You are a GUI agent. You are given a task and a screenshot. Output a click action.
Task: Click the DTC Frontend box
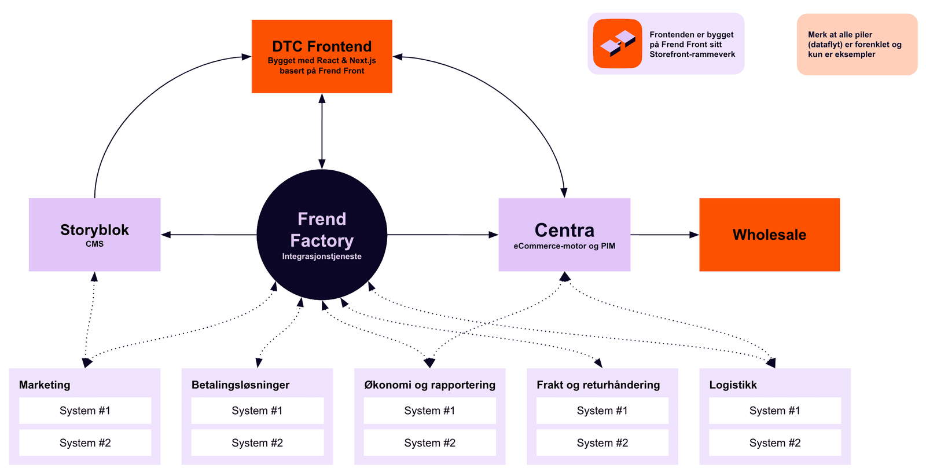pyautogui.click(x=322, y=56)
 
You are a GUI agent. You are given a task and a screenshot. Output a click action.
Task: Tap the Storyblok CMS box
pyautogui.click(x=94, y=235)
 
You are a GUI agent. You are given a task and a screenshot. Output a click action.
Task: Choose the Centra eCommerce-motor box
pyautogui.click(x=564, y=235)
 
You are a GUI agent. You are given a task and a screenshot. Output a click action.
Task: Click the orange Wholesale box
pyautogui.click(x=769, y=235)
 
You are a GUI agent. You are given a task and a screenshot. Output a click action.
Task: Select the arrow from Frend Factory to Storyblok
pyautogui.click(x=208, y=235)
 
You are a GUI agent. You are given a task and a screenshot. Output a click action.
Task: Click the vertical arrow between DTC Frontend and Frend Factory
pyautogui.click(x=322, y=131)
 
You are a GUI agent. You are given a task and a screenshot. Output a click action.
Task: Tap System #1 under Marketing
pyautogui.click(x=85, y=411)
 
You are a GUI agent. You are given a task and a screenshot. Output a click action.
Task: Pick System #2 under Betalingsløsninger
pyautogui.click(x=257, y=443)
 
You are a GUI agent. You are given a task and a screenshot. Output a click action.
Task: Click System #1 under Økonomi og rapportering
pyautogui.click(x=429, y=411)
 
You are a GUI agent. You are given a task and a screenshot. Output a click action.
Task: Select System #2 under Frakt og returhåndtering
pyautogui.click(x=602, y=443)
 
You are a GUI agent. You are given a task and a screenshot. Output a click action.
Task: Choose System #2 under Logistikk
pyautogui.click(x=774, y=443)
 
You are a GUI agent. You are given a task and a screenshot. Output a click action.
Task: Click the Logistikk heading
pyautogui.click(x=733, y=385)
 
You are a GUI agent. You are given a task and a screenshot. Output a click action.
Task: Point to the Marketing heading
pyautogui.click(x=45, y=385)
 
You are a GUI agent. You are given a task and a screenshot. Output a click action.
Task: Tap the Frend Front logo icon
pyautogui.click(x=618, y=44)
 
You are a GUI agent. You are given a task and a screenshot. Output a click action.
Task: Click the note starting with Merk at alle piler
pyautogui.click(x=857, y=45)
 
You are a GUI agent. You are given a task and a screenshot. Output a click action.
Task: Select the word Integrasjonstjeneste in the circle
pyautogui.click(x=322, y=257)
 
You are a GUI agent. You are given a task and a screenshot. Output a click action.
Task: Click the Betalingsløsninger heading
pyautogui.click(x=240, y=385)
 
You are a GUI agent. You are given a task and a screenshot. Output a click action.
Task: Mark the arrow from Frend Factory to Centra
pyautogui.click(x=443, y=235)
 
